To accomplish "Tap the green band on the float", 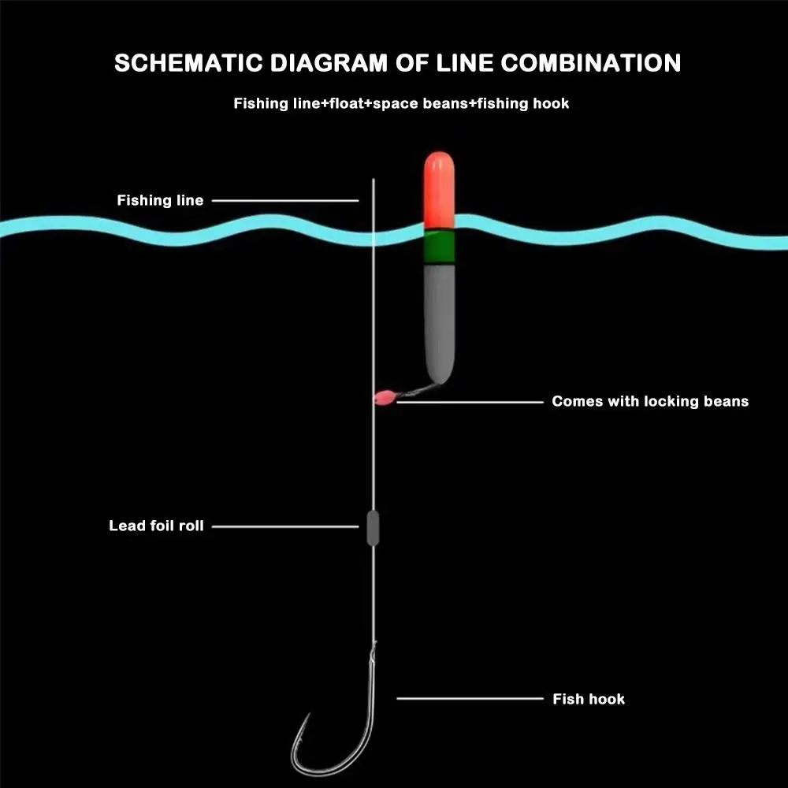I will tap(439, 247).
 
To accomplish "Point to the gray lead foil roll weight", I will tap(373, 527).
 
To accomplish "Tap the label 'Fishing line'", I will tap(160, 200).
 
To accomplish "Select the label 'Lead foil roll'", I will tap(156, 526).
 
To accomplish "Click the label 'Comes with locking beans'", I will tap(650, 401).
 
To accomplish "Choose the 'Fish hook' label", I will tap(589, 698).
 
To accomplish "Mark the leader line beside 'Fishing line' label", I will tap(284, 200).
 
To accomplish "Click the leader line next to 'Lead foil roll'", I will tap(284, 526).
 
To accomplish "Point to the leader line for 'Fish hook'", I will tap(470, 698).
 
